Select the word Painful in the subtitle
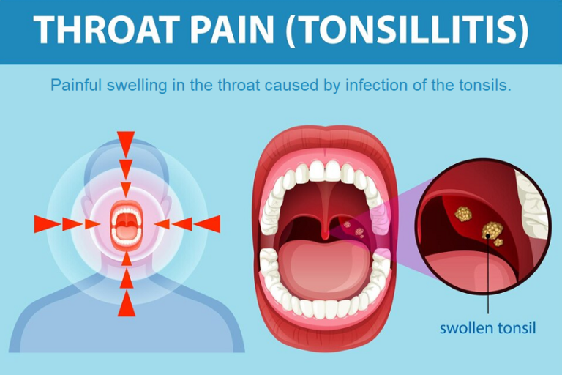75,86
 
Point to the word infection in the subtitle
378,86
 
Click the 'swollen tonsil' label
487,327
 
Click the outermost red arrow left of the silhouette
45,224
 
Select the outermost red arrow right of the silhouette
208,224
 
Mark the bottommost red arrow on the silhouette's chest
126,303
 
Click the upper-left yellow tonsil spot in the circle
462,213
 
